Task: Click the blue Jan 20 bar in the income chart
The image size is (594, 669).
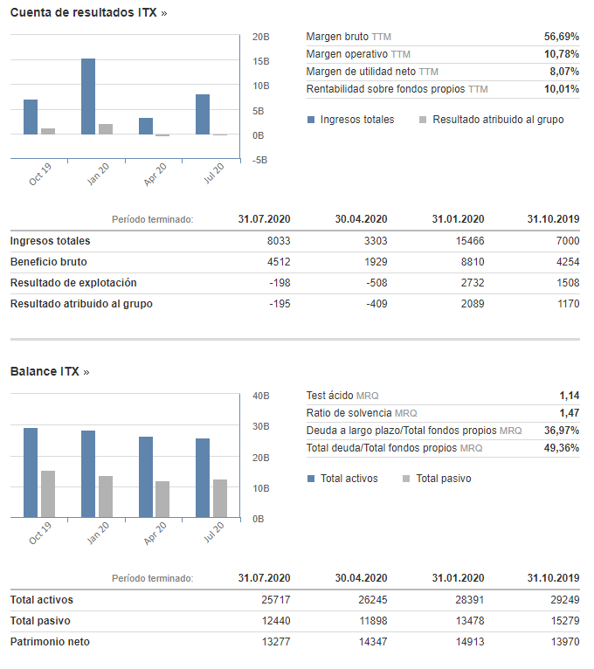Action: click(x=88, y=96)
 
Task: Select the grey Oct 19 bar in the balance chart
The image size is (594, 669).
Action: click(x=48, y=494)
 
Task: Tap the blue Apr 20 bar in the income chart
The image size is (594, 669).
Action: click(x=146, y=127)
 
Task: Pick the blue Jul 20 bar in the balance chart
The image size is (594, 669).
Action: click(x=203, y=478)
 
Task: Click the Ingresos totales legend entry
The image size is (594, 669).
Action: click(x=351, y=120)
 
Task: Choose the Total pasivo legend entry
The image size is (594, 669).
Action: click(x=437, y=479)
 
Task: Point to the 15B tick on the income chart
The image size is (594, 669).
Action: click(x=260, y=61)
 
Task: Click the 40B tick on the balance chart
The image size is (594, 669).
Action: click(x=260, y=396)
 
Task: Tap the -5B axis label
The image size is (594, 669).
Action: click(x=259, y=160)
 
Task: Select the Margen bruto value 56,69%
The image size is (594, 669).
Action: click(x=562, y=37)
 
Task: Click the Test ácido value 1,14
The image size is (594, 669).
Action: click(x=570, y=396)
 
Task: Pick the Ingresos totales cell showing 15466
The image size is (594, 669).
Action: click(x=470, y=241)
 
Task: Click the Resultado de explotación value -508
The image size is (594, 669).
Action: click(x=376, y=283)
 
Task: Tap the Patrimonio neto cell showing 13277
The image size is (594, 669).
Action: click(x=276, y=642)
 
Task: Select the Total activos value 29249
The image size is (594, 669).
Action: click(x=565, y=600)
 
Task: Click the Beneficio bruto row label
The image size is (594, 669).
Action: click(x=49, y=262)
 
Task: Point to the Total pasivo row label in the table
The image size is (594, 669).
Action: click(x=40, y=621)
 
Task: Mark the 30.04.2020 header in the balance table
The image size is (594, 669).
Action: click(x=361, y=578)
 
